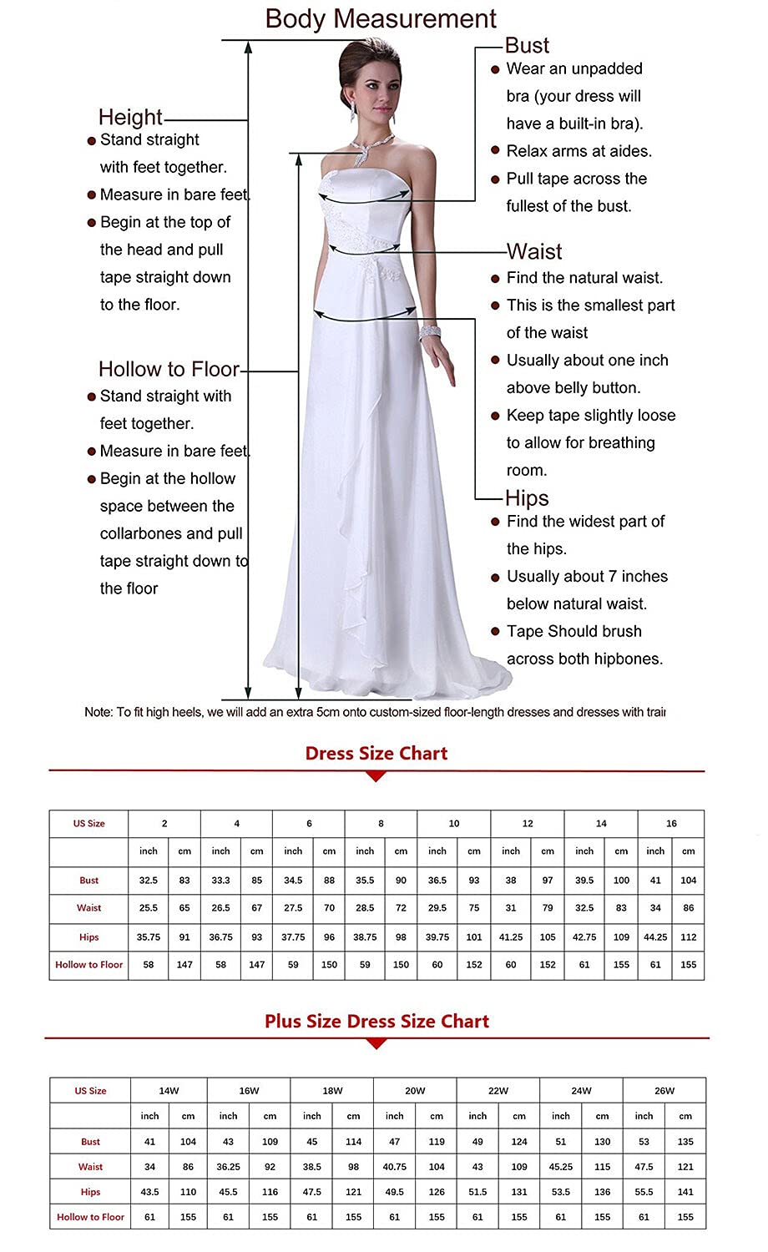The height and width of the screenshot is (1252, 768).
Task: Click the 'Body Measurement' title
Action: point(381,18)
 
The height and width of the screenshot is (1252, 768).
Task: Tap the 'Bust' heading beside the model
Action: point(528,46)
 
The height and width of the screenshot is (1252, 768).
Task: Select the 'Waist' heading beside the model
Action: point(534,251)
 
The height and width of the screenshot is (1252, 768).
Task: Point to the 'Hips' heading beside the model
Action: point(527,498)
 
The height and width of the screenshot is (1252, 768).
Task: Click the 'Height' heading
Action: point(130,117)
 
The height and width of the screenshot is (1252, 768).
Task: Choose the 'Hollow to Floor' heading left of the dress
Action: point(169,369)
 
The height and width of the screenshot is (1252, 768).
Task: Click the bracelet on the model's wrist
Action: point(430,331)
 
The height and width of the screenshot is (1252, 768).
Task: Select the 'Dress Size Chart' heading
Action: point(376,754)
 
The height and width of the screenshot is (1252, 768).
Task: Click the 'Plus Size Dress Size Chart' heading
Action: point(376,1021)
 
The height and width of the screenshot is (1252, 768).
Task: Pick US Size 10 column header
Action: point(454,824)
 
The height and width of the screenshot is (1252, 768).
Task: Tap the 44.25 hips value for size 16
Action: point(655,937)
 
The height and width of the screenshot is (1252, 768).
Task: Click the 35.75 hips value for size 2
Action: point(149,937)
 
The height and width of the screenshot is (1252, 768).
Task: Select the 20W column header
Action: point(415,1091)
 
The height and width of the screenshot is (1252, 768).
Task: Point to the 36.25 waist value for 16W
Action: point(228,1167)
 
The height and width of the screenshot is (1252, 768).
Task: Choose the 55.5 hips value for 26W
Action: point(644,1192)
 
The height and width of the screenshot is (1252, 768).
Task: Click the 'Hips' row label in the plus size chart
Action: point(90,1192)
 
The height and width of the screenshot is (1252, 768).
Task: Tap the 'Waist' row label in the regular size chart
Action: point(88,908)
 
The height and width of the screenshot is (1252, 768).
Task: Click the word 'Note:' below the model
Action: point(99,712)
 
